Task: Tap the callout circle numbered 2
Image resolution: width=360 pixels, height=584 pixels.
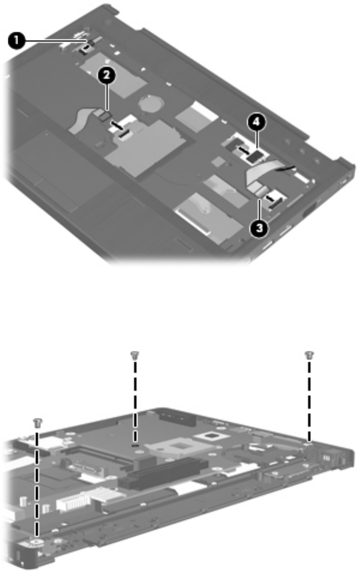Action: coord(106,75)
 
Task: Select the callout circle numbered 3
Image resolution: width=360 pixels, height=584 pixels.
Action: coord(259,228)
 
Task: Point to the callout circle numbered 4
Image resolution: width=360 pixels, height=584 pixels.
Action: coord(257,123)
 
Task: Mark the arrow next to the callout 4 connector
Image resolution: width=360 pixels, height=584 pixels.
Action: coord(243,149)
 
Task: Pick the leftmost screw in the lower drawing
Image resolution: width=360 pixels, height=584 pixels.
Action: coord(37,423)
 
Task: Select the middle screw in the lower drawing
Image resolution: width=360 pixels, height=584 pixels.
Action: coord(135,355)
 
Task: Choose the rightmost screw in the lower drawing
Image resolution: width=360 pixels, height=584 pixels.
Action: coord(309,355)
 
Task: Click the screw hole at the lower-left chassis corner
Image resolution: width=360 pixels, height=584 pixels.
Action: coord(36,543)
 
